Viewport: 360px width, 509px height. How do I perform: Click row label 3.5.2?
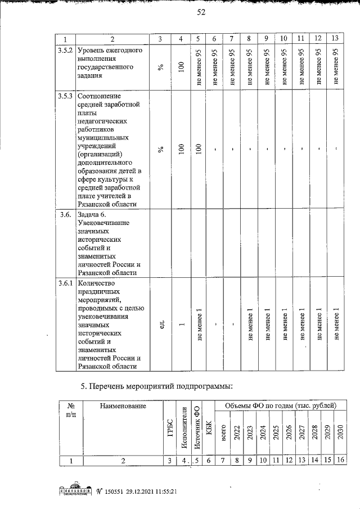click(x=65, y=50)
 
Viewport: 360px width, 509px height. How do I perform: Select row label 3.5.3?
click(x=65, y=96)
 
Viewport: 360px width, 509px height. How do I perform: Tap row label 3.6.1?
click(x=65, y=283)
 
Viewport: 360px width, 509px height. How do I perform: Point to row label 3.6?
click(x=65, y=214)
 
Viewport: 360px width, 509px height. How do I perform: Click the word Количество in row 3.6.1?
click(x=97, y=283)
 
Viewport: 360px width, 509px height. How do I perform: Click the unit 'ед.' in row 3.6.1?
click(x=161, y=325)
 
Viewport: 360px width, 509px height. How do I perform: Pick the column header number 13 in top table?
click(x=335, y=39)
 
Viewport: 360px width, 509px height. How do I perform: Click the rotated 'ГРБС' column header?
click(x=169, y=430)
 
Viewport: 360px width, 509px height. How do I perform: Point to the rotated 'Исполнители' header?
click(x=183, y=430)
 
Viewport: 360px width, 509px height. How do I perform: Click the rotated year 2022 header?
click(x=237, y=435)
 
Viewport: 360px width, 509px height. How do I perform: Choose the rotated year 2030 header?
click(x=340, y=435)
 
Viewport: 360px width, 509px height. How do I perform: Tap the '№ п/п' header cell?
click(x=71, y=409)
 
